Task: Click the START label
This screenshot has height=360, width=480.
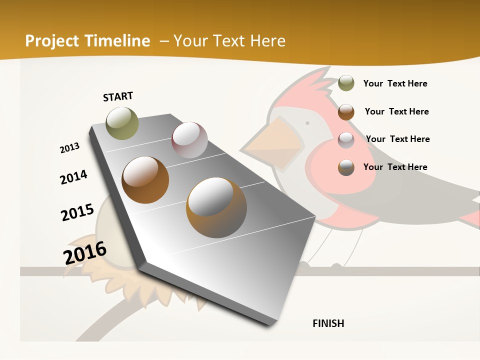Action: tap(118, 96)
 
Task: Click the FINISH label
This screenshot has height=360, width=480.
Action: tap(328, 323)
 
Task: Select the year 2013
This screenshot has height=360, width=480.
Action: tap(69, 148)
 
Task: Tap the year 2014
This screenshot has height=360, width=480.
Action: tap(73, 177)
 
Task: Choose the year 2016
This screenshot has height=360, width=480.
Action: tap(85, 253)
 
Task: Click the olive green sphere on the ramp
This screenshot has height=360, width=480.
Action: tap(122, 123)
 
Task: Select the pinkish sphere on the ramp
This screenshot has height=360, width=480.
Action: tap(189, 139)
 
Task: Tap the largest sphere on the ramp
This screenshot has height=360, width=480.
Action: tap(216, 207)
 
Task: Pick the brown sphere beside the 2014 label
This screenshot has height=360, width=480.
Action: tap(145, 180)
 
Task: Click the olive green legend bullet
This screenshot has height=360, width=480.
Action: tap(346, 83)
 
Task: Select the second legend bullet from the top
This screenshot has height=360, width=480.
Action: tap(346, 111)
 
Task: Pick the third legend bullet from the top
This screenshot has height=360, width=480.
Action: tap(346, 139)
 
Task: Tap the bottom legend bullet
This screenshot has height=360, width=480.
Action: tap(346, 167)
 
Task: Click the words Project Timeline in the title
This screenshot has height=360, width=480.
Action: tap(87, 41)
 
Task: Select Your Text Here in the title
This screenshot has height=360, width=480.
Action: tap(229, 41)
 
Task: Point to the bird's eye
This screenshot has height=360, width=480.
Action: tap(307, 122)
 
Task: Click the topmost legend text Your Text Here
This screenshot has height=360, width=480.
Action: tap(395, 83)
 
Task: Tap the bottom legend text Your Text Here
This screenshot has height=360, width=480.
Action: tap(395, 167)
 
